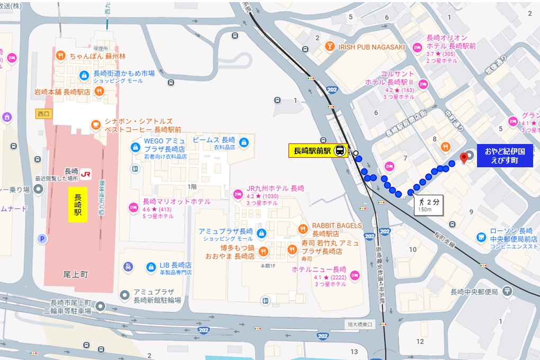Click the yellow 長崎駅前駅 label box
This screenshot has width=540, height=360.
coord(312,151)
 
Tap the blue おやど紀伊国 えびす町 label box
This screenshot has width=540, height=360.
coord(505,156)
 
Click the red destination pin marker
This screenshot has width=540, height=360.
coord(465,157)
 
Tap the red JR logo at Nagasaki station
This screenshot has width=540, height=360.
coord(85,172)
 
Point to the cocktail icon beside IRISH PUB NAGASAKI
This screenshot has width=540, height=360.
coord(330,47)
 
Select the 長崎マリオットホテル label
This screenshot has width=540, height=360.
coord(176,202)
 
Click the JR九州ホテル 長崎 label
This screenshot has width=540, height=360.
coord(275,188)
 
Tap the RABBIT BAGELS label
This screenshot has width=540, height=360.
coord(337,226)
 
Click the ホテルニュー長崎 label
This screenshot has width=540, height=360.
coord(318,269)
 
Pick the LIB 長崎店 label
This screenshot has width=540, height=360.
coord(175,265)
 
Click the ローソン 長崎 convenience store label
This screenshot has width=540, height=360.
coord(511,230)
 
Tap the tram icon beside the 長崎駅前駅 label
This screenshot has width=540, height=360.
coord(340,151)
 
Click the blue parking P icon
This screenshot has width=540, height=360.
coord(41,239)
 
